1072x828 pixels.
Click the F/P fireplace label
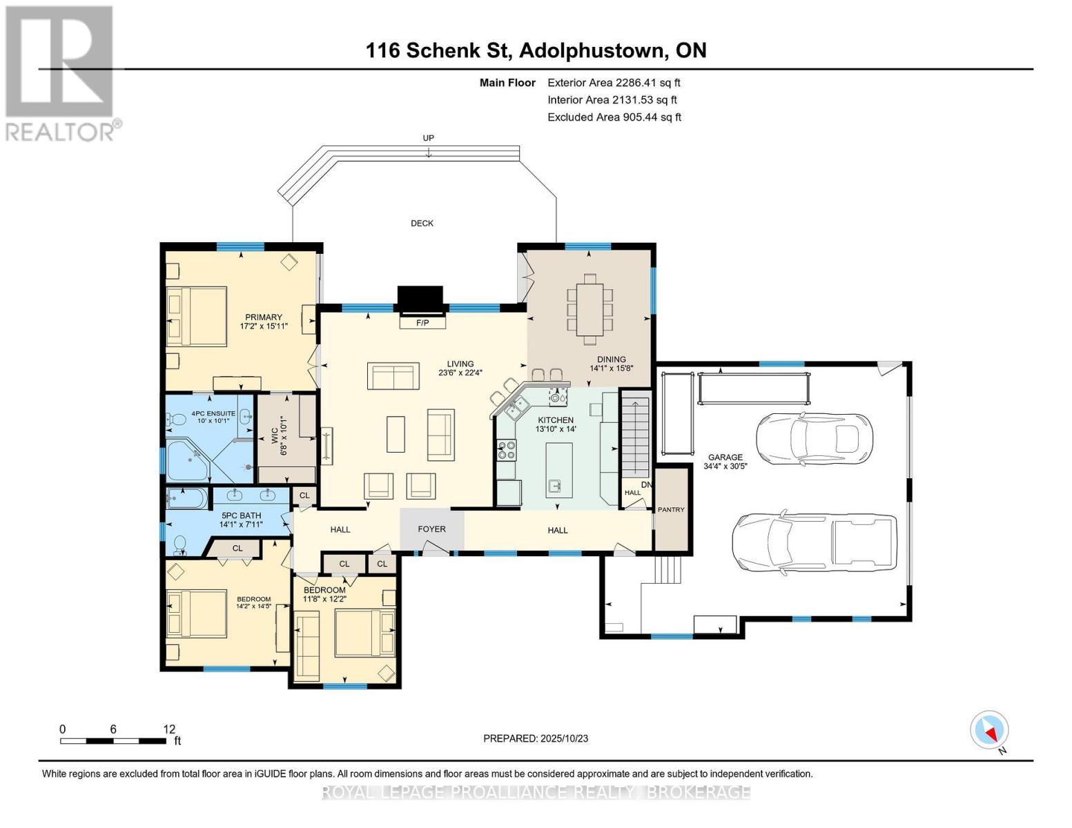click(x=422, y=322)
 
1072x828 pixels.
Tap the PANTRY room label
click(x=671, y=509)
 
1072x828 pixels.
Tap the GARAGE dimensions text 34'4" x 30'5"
click(x=725, y=466)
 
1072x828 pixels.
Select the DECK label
click(x=422, y=223)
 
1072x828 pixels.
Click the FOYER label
click(x=431, y=529)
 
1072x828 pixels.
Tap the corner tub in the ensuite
click(x=188, y=460)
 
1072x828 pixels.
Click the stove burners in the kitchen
click(x=506, y=451)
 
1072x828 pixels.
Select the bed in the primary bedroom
click(x=197, y=316)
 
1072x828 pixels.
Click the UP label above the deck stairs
click(x=428, y=138)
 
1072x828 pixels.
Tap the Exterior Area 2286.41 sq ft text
click(x=614, y=83)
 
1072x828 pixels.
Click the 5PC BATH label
click(x=241, y=515)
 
